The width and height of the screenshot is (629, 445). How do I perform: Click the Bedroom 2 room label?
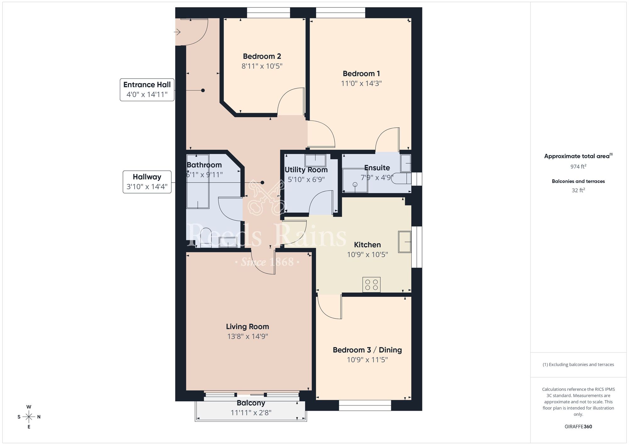point(262,56)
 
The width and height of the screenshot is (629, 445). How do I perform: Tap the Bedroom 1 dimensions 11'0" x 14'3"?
point(361,83)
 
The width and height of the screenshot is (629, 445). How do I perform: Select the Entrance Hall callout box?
point(147,90)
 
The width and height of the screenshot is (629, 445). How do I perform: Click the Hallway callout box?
point(147,182)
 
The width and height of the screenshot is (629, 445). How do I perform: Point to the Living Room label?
point(248,327)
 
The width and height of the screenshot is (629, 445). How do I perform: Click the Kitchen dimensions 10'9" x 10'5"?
point(367,255)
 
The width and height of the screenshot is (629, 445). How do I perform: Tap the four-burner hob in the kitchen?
point(371,284)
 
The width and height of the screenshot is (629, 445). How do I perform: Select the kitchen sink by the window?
point(405,242)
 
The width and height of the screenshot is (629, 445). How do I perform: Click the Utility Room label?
point(306,170)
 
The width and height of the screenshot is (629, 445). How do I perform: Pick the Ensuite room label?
point(377,168)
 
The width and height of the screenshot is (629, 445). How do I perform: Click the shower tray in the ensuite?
point(355,181)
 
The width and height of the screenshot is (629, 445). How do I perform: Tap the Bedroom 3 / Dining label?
point(367,350)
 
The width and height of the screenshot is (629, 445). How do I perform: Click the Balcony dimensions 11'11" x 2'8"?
point(251,413)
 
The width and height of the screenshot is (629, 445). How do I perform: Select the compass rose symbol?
point(29,417)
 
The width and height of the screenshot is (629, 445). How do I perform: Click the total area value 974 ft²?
point(578,166)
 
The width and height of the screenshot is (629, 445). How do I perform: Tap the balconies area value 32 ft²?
point(578,190)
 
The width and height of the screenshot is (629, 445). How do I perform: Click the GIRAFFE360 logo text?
point(578,427)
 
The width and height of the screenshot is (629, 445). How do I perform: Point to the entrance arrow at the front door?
point(177,32)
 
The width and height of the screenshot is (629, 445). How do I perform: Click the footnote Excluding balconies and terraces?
point(578,365)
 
